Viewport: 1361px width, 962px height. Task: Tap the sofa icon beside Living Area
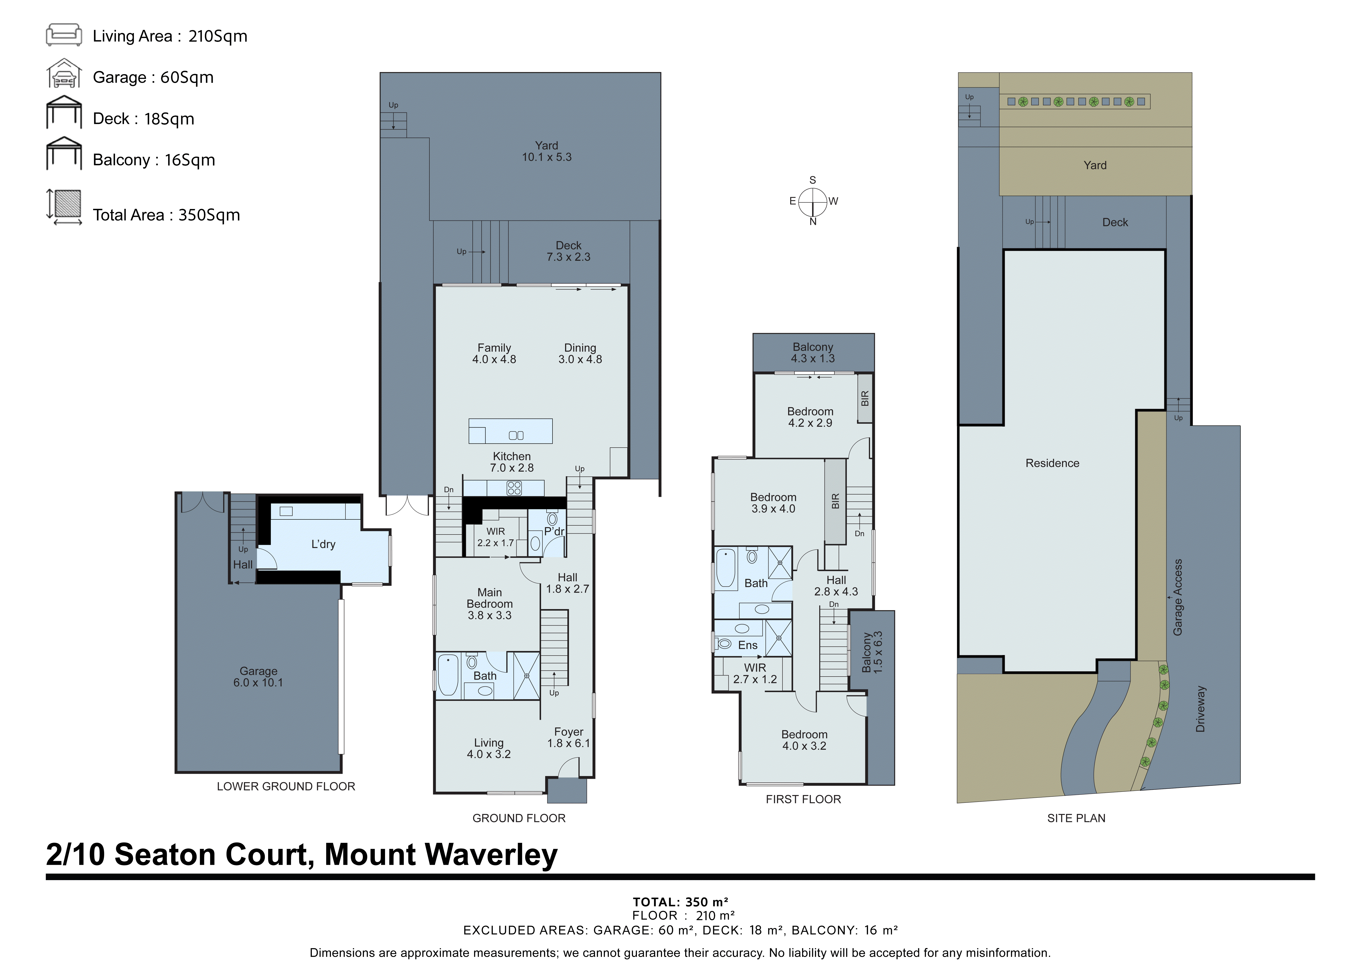click(64, 35)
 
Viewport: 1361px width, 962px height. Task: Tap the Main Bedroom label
click(490, 603)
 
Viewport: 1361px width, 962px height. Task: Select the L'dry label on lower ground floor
click(323, 544)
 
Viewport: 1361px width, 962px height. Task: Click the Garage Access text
click(1178, 597)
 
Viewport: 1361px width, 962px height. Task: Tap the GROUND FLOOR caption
click(519, 818)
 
